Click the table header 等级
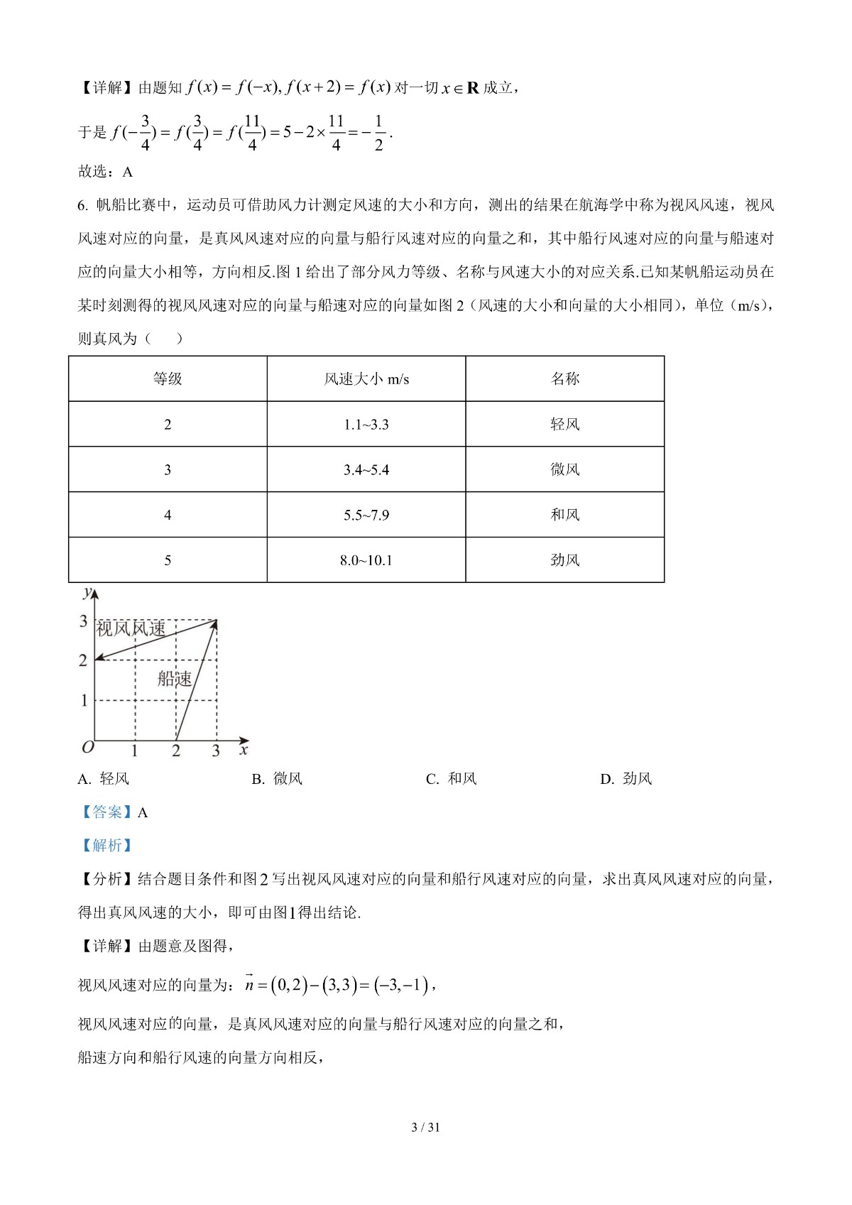[168, 379]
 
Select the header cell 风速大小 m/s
[366, 379]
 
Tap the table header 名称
[565, 379]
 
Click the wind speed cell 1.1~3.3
[366, 425]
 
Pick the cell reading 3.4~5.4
[366, 470]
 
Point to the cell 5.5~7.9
[366, 515]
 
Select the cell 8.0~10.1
[366, 560]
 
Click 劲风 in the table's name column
[565, 560]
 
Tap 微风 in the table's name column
[565, 470]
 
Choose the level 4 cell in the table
[168, 515]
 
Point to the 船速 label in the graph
[175, 679]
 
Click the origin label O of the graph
[88, 748]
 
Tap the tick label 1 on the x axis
[135, 751]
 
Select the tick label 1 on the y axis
[84, 700]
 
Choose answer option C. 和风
[452, 779]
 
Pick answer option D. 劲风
[626, 779]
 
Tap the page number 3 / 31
[426, 1127]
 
